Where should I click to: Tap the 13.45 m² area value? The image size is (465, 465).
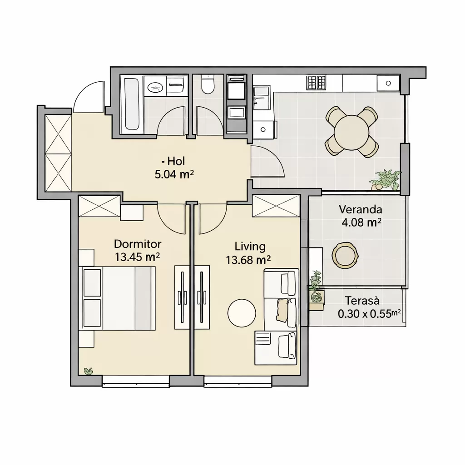(137, 257)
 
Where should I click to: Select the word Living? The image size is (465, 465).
(250, 247)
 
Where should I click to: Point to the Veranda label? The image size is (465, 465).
(360, 210)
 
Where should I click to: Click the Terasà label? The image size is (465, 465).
(362, 301)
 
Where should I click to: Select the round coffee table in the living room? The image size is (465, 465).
(242, 313)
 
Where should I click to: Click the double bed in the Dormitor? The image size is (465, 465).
(117, 298)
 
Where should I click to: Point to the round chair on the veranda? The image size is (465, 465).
(345, 255)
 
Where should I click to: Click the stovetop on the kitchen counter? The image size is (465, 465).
(317, 83)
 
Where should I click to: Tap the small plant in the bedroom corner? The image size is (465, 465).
(89, 371)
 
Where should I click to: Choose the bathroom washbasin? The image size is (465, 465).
(155, 86)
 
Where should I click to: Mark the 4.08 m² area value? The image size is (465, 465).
(361, 223)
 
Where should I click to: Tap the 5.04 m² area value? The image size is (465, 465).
(174, 175)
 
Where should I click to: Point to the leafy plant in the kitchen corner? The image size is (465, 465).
(386, 180)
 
